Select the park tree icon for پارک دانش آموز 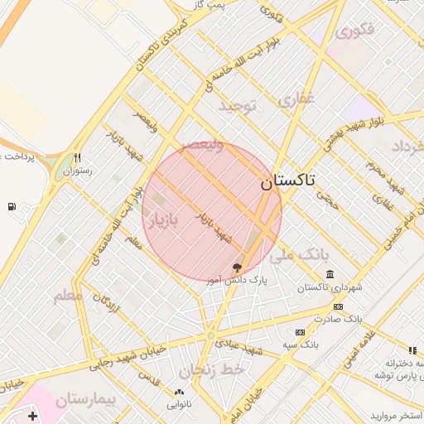[238, 267]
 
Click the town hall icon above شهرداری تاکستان [330, 274]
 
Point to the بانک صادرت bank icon [337, 306]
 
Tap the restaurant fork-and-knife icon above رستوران [77, 157]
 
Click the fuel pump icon [11, 206]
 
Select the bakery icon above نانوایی [178, 392]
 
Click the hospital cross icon [31, 416]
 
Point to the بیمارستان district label [87, 401]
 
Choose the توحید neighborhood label [239, 106]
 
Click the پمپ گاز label [233, 4]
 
